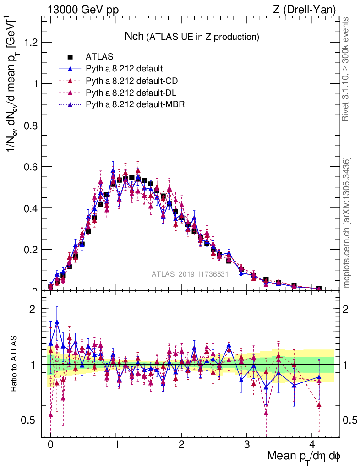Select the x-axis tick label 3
247,446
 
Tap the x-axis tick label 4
312,446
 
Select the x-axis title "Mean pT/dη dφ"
303,457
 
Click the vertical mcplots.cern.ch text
347,223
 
